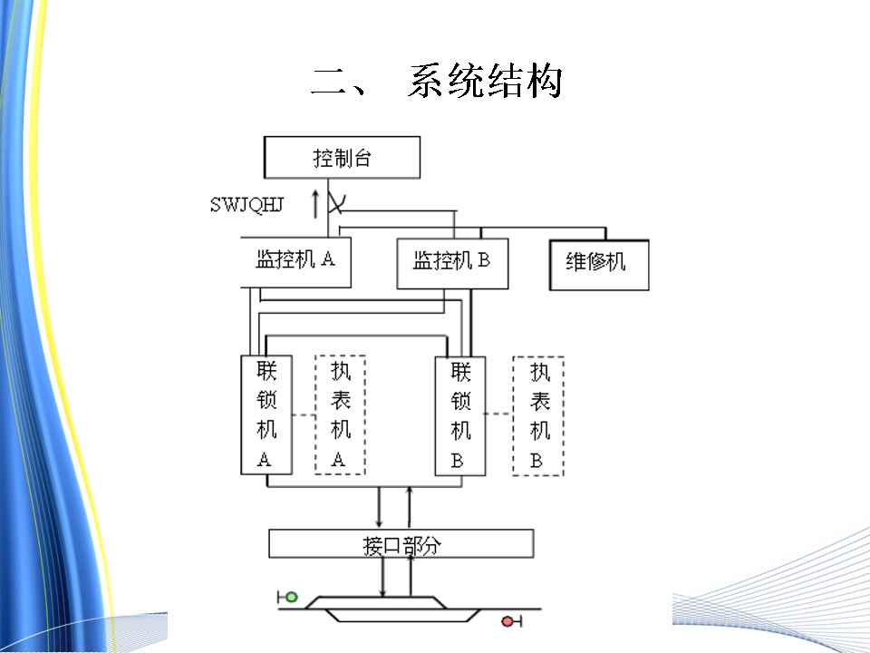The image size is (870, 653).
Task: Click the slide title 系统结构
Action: (x=486, y=81)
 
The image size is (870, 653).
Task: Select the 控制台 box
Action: (x=342, y=157)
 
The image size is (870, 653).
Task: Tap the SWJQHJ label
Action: (x=246, y=205)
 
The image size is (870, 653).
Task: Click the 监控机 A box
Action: (x=295, y=262)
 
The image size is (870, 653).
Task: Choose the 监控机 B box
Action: (x=453, y=263)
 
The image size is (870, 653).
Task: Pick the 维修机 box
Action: (x=599, y=265)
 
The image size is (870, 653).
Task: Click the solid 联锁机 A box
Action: (x=266, y=414)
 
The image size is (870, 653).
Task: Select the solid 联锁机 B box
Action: (x=460, y=416)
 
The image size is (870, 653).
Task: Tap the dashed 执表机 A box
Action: (x=340, y=414)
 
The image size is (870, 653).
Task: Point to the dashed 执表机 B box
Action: (x=538, y=416)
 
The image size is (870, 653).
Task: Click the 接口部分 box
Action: (x=401, y=543)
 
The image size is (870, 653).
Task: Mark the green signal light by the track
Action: (x=291, y=597)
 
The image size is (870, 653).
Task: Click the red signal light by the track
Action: (x=507, y=621)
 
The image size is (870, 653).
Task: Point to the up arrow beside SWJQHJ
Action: (x=315, y=203)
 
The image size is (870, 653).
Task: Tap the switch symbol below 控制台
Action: (x=335, y=202)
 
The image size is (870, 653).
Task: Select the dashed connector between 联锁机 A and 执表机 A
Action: (x=304, y=414)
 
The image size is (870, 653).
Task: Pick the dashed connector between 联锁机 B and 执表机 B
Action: (x=499, y=414)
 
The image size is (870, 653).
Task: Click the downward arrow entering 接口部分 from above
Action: (x=379, y=508)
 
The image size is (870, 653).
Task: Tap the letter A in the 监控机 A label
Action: (x=328, y=258)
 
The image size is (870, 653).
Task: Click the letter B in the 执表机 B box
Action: (x=536, y=461)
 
